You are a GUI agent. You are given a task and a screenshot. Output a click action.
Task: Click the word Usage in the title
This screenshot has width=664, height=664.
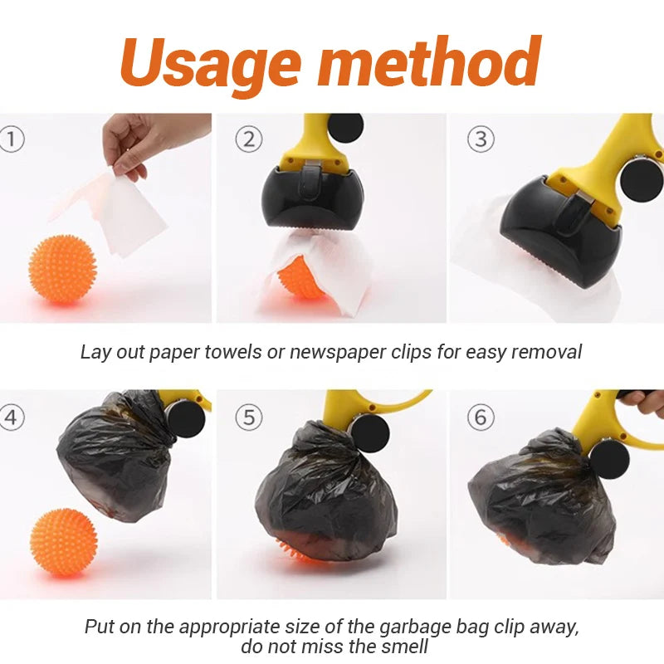(211, 65)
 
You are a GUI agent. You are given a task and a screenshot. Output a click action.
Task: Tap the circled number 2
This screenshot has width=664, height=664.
(248, 139)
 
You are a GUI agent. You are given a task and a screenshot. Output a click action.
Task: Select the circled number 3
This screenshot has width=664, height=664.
(481, 139)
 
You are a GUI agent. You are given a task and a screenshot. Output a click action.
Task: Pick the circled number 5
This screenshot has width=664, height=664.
(248, 417)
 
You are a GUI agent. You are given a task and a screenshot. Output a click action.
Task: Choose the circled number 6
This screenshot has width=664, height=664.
(481, 417)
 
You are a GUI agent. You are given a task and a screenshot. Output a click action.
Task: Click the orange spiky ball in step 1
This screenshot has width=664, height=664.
(63, 268)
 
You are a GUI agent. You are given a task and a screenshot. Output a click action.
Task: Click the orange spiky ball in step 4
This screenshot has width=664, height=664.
(64, 543)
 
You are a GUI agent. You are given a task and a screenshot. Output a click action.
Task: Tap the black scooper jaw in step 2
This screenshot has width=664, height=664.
(312, 198)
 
